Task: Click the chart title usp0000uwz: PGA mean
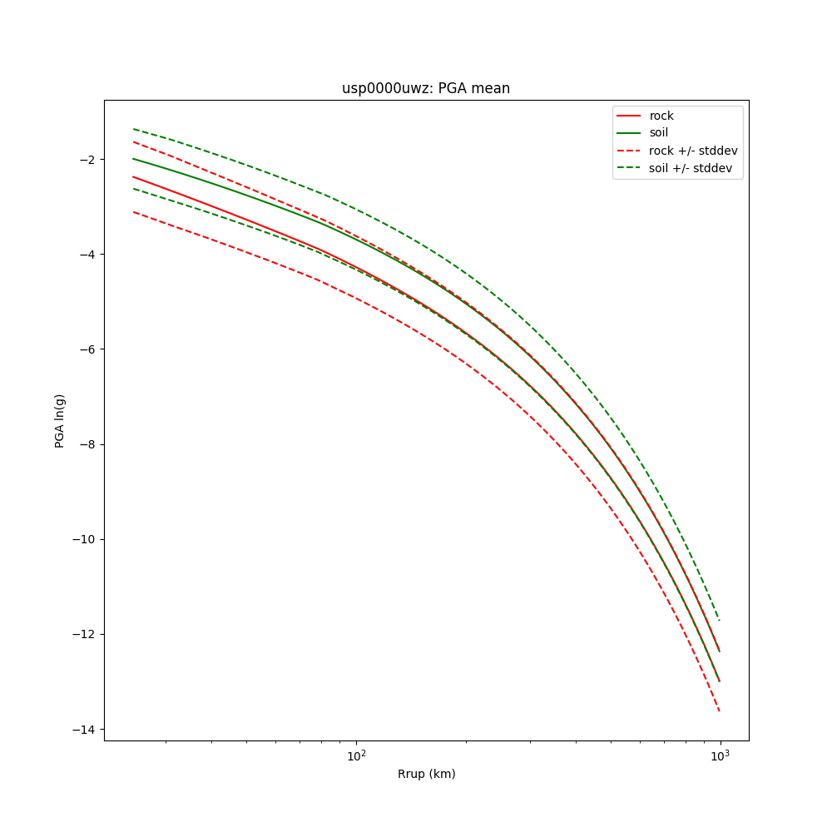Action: coord(426,88)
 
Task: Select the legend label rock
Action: coord(661,116)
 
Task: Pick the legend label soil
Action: coord(659,133)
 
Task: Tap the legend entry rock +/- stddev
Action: coord(693,151)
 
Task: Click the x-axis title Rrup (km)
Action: coord(426,774)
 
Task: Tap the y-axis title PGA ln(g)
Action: coord(60,420)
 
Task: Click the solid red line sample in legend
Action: coord(629,116)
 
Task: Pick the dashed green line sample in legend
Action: coord(629,168)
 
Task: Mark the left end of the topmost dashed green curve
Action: coord(133,129)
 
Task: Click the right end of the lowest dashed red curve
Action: coord(720,711)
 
